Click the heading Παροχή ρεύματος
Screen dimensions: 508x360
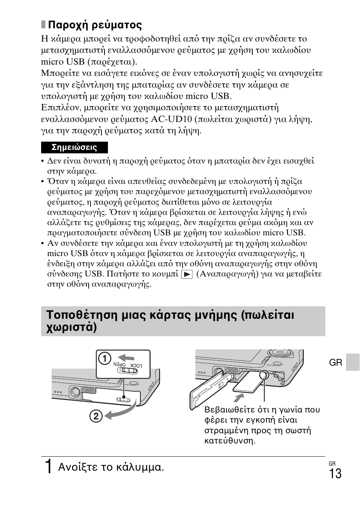click(95, 25)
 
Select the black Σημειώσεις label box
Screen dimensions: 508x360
click(74, 147)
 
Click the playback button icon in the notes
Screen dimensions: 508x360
click(187, 274)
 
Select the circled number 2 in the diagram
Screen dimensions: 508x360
click(96, 416)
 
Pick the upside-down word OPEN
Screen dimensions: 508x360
click(120, 365)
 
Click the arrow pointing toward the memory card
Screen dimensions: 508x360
click(238, 398)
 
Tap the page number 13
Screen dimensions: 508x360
click(334, 473)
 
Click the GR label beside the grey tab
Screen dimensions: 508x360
click(335, 363)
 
